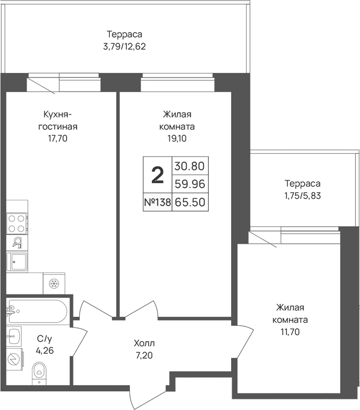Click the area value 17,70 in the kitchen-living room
pos(58,138)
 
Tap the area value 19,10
pos(177,138)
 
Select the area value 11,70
pos(290,332)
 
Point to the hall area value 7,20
pos(144,355)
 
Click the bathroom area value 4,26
pos(45,350)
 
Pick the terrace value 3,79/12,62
pos(125,46)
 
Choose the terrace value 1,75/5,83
pos(302,195)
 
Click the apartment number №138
pos(158,202)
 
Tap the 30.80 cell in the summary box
pos(190,166)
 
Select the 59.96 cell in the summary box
pos(190,184)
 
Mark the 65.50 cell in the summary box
pos(190,202)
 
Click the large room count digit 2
pos(158,175)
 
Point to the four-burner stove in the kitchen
pos(17,224)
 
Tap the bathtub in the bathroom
pos(37,311)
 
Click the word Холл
pos(144,343)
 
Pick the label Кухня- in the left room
pos(58,114)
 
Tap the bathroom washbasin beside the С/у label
pos(14,336)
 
